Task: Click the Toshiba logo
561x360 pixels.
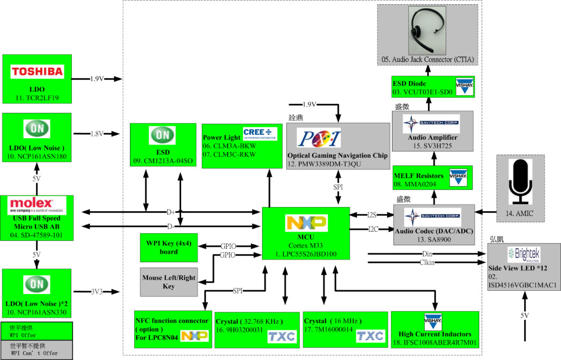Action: [37, 71]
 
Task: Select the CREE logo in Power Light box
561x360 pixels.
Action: [260, 132]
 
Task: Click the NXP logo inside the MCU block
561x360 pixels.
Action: [306, 222]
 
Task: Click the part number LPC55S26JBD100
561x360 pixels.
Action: [306, 254]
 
